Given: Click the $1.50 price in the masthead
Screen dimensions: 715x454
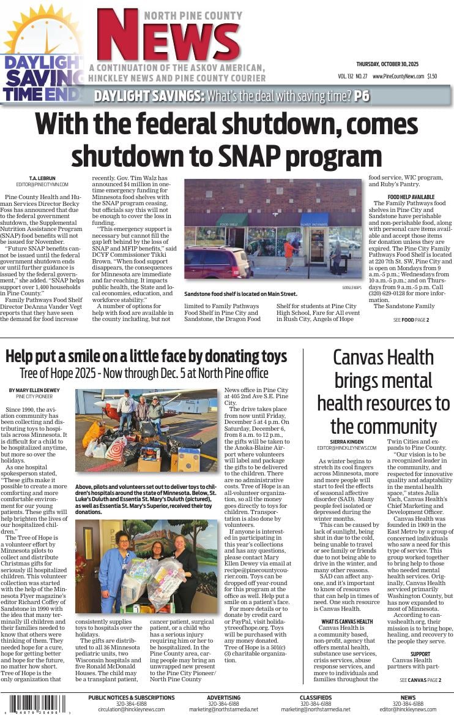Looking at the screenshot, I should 432,77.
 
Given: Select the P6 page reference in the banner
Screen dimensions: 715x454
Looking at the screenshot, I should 362,96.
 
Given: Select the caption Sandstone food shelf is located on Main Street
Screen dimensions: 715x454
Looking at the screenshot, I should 240,294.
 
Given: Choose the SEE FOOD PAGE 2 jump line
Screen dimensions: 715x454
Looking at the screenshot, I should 411,320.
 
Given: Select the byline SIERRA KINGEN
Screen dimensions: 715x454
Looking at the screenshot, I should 346,441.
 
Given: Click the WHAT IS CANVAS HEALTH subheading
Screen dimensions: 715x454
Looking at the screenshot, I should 347,621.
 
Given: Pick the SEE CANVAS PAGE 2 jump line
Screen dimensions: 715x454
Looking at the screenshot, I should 420,680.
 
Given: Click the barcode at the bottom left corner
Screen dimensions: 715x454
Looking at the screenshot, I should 37,703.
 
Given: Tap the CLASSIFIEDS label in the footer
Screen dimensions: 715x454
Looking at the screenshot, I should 316,697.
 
